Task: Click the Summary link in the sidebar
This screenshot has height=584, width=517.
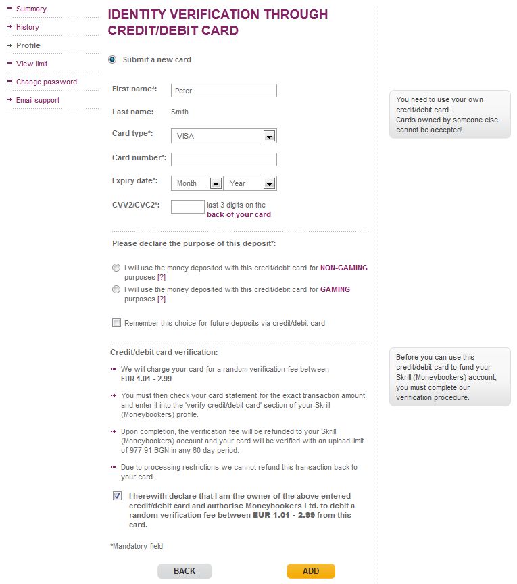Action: point(31,9)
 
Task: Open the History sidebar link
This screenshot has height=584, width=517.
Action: point(28,27)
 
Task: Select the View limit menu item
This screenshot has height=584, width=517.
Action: point(32,64)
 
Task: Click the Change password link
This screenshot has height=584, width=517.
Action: point(47,82)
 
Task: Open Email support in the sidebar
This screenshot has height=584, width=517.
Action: point(38,100)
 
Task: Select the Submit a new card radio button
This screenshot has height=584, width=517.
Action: point(112,59)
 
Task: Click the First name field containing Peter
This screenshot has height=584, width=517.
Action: point(224,91)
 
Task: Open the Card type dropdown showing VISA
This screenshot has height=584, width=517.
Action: point(224,136)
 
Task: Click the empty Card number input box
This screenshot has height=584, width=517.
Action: point(224,160)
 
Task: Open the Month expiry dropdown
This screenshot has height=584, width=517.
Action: point(197,183)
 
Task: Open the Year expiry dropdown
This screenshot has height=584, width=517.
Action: point(250,183)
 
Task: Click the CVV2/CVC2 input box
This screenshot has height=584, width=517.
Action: point(187,207)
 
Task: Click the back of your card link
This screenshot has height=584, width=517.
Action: point(239,214)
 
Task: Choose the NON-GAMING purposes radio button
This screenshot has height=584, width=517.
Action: point(116,268)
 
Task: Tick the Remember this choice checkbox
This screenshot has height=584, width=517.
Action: point(116,323)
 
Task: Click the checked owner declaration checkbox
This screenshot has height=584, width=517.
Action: point(118,496)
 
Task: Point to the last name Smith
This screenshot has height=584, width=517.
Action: point(180,112)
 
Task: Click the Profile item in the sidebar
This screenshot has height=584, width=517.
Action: point(28,45)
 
